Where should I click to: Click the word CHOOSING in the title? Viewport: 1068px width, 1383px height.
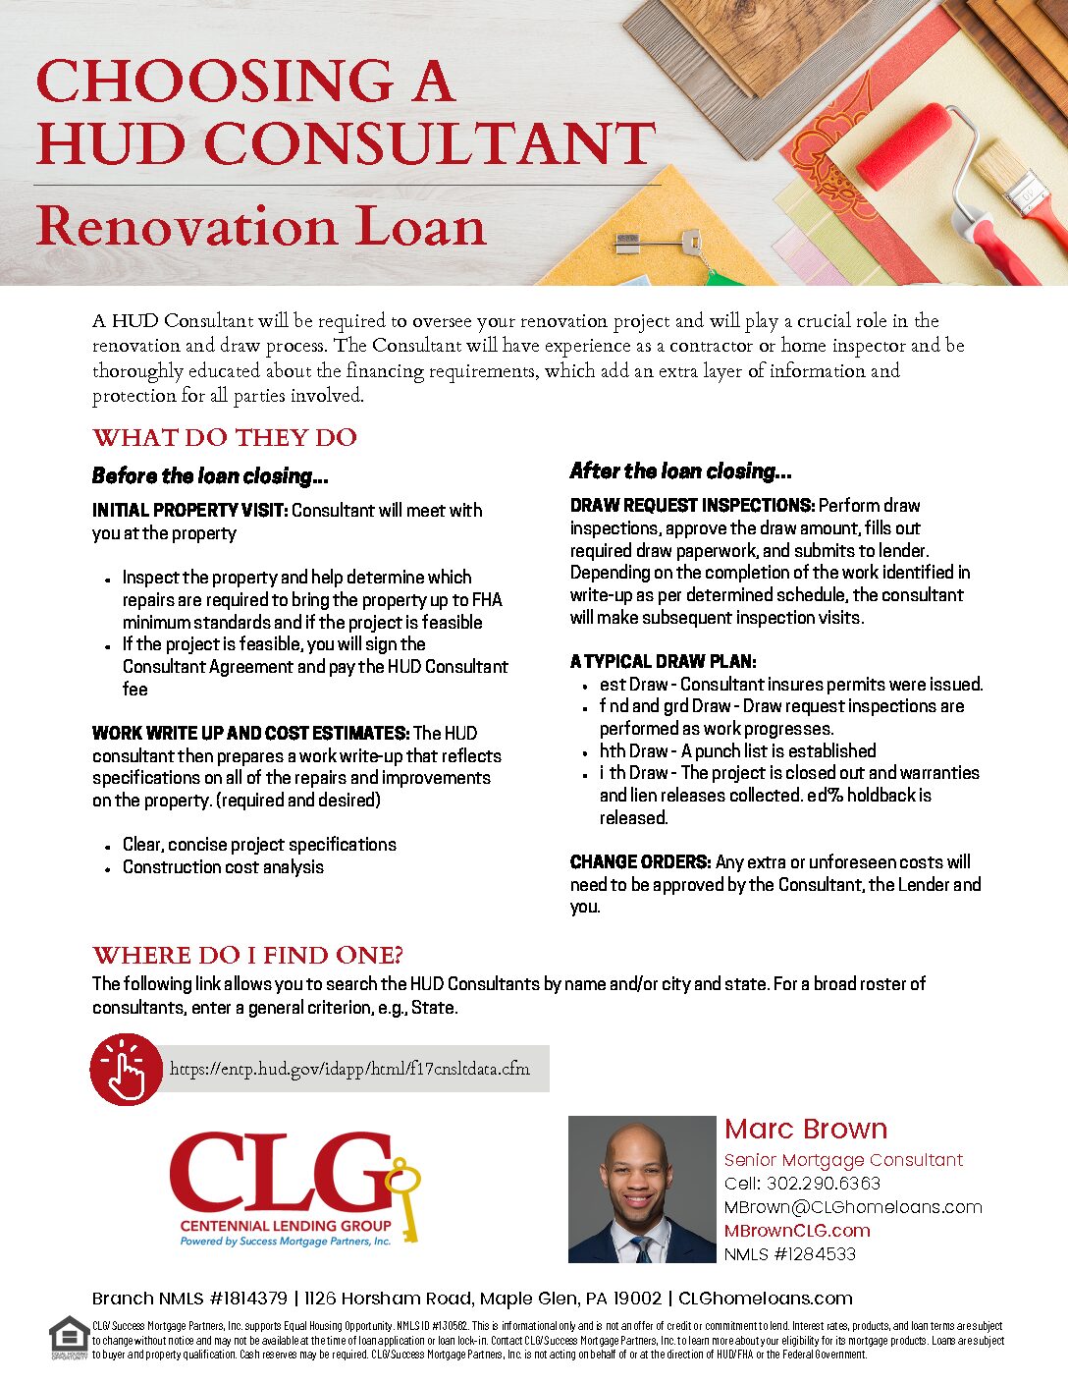(215, 81)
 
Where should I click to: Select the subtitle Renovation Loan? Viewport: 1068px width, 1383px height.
(261, 227)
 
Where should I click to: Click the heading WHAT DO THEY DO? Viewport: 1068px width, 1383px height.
(225, 437)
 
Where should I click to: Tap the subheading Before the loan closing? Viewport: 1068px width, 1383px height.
(210, 476)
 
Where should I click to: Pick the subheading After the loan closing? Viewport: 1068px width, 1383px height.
(680, 471)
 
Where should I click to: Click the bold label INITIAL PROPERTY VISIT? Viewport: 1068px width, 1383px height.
(189, 511)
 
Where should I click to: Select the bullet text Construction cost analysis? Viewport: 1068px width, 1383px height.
(223, 867)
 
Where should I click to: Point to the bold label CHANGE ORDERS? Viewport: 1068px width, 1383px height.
(640, 862)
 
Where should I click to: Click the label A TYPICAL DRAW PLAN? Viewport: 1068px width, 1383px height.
(664, 661)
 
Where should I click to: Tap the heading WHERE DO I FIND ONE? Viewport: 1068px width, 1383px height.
(247, 955)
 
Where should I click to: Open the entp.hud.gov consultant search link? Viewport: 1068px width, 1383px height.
(349, 1069)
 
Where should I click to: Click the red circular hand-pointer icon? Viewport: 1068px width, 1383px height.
(126, 1069)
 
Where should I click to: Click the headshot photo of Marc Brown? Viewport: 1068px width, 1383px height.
(642, 1189)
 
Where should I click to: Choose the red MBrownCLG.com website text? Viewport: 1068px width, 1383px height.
(797, 1231)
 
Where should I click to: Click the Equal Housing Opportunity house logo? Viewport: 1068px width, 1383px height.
(68, 1337)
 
